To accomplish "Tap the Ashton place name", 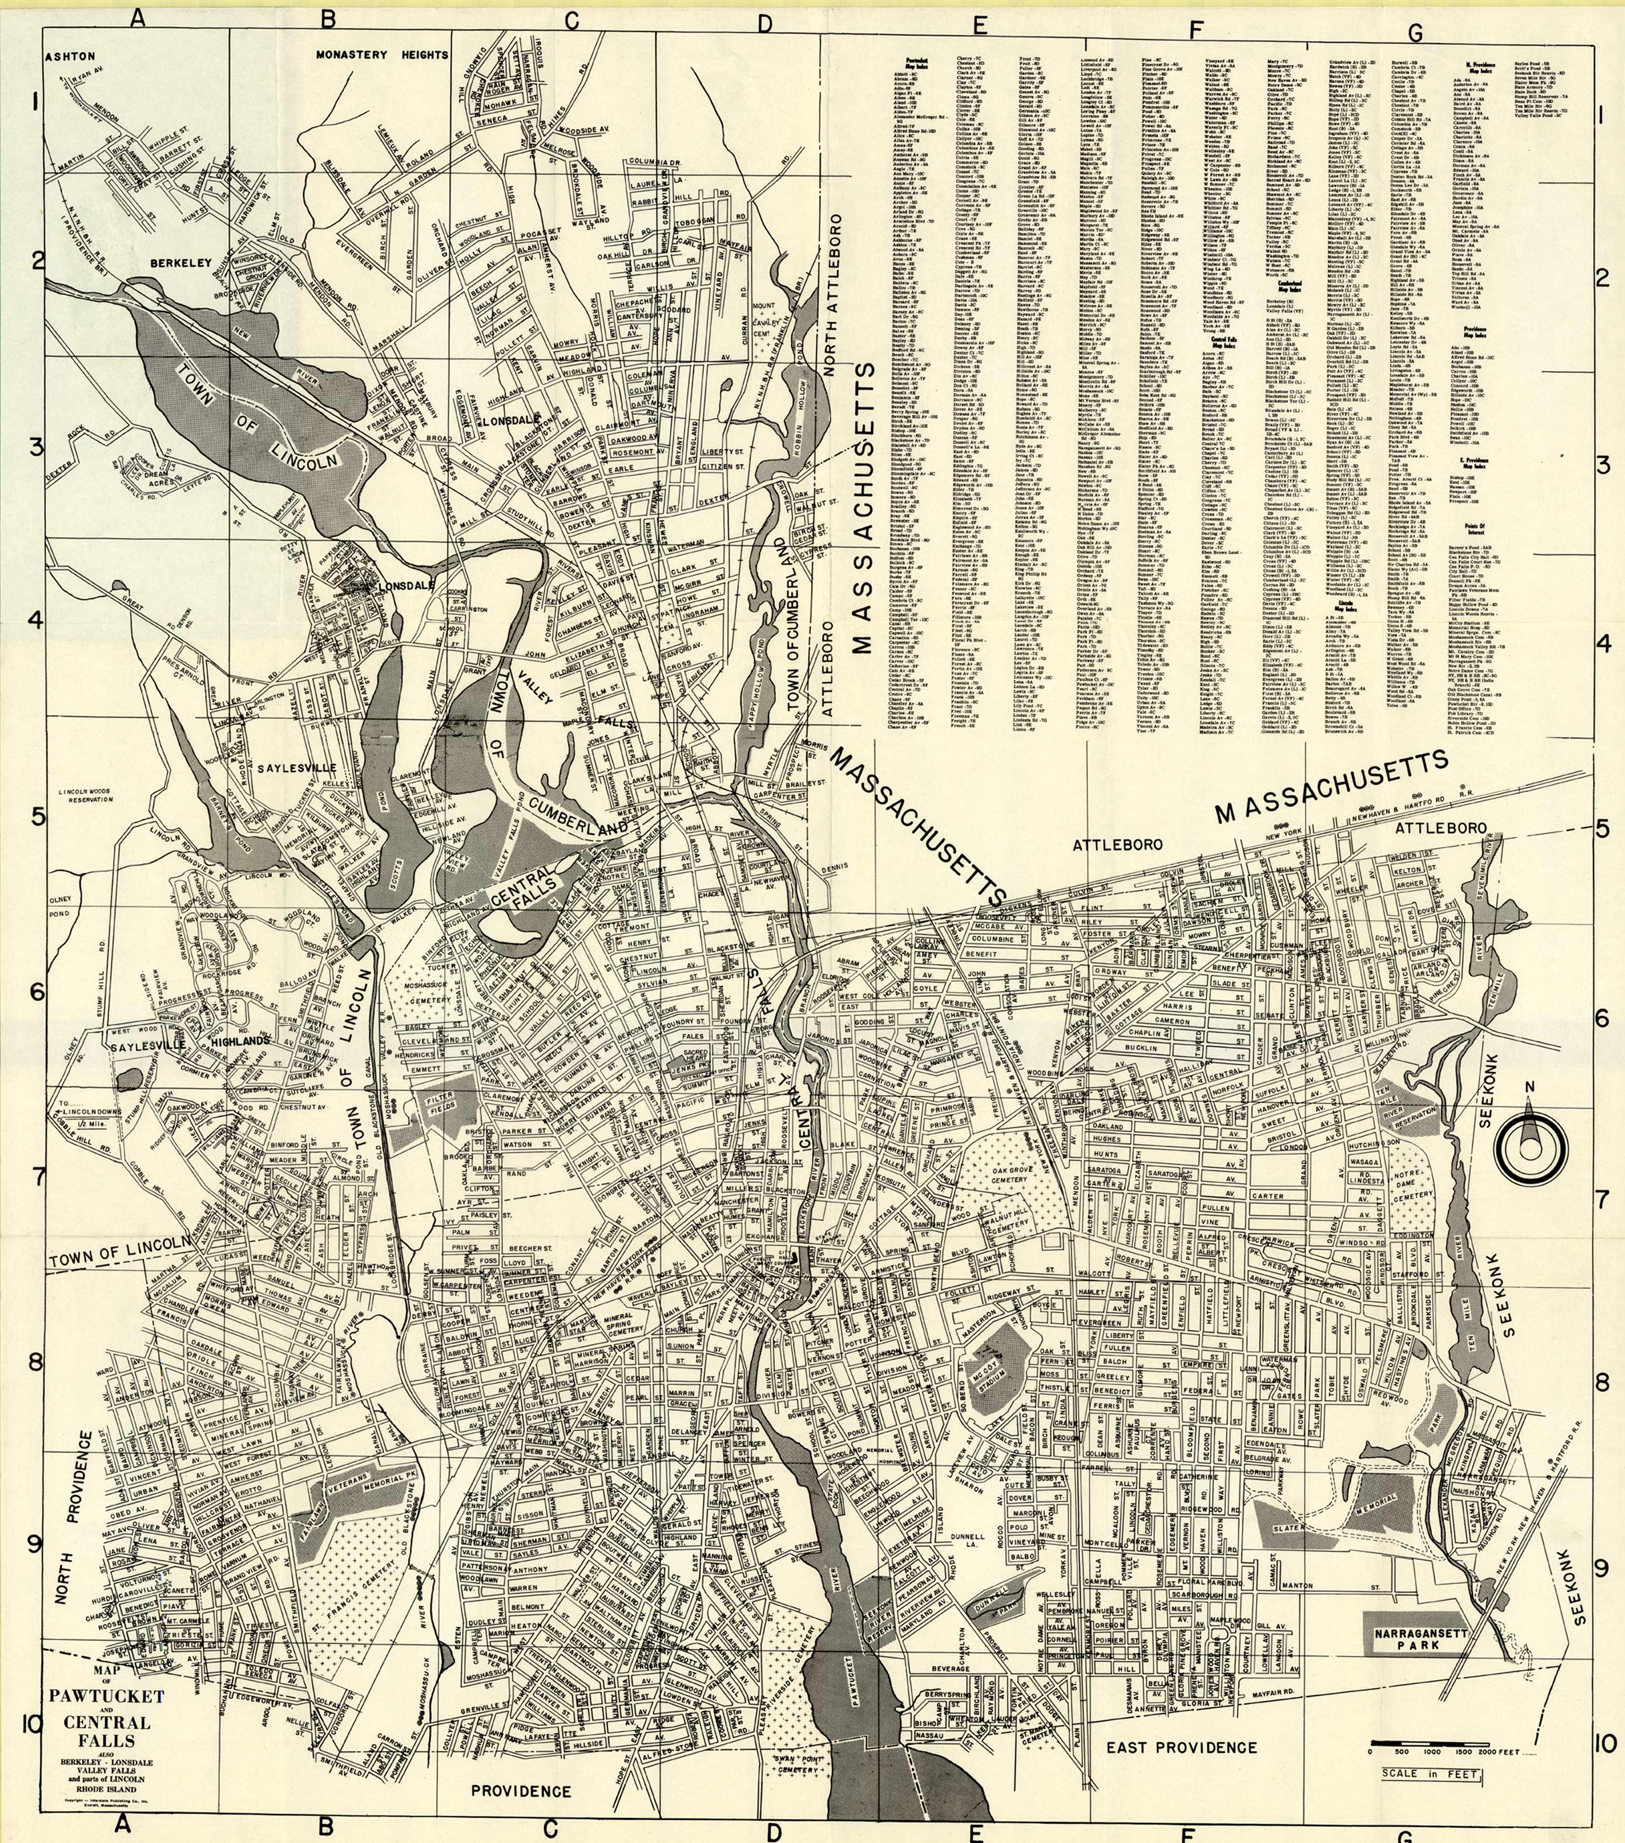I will (x=71, y=56).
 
